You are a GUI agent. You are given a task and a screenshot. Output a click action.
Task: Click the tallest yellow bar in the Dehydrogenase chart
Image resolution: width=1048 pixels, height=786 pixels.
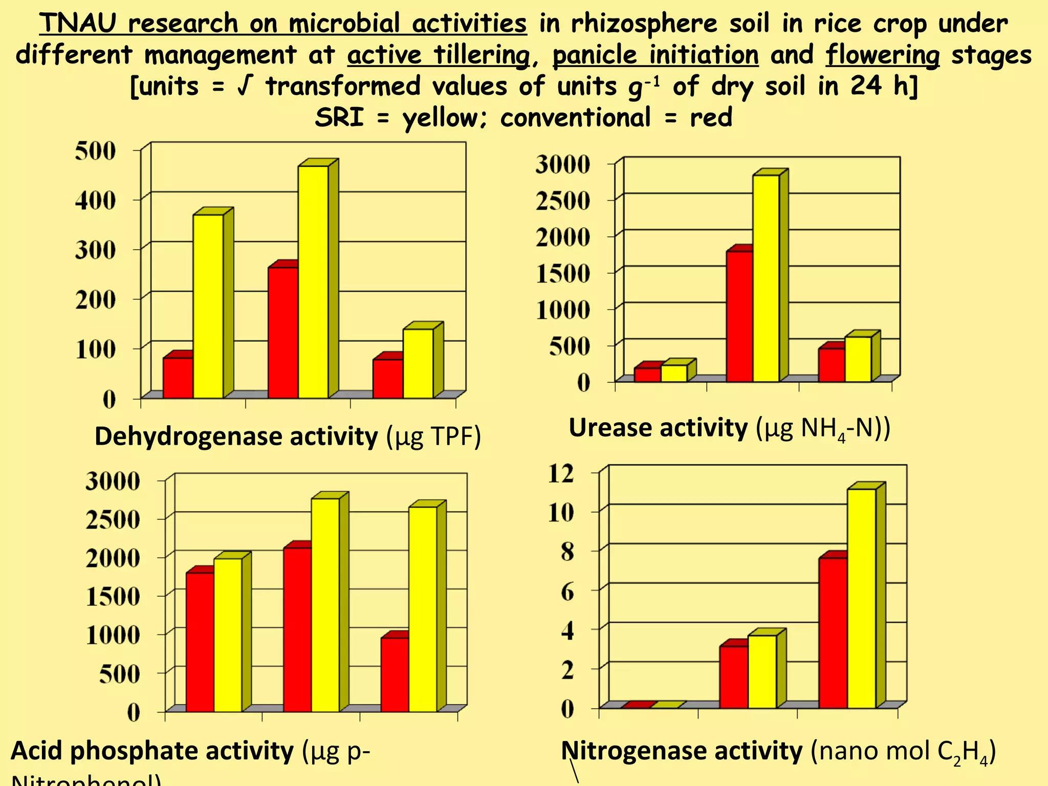point(313,281)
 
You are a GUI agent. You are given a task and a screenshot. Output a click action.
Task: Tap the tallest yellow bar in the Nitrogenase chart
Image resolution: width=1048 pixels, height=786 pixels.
point(861,599)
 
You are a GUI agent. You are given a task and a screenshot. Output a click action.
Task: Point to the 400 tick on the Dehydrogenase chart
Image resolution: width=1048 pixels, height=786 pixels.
point(96,200)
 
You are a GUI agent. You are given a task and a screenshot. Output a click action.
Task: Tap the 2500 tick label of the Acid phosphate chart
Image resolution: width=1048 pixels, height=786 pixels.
point(113,519)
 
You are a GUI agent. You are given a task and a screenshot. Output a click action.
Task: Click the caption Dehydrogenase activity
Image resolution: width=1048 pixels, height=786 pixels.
point(236,436)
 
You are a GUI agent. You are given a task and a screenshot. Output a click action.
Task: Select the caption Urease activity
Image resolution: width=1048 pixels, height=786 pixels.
point(658,428)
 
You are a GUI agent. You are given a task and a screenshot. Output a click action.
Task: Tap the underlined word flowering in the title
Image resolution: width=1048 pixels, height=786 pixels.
point(882,55)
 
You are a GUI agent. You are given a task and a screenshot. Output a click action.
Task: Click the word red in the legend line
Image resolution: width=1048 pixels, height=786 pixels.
point(711,117)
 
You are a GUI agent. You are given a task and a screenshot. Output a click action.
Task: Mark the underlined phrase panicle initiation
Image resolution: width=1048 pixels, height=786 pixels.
point(655,55)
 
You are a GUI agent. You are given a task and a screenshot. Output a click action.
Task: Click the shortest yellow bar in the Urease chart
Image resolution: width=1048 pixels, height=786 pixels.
point(674,373)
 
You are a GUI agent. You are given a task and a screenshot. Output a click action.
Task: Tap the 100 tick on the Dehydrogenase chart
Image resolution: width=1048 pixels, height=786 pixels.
point(96,350)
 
